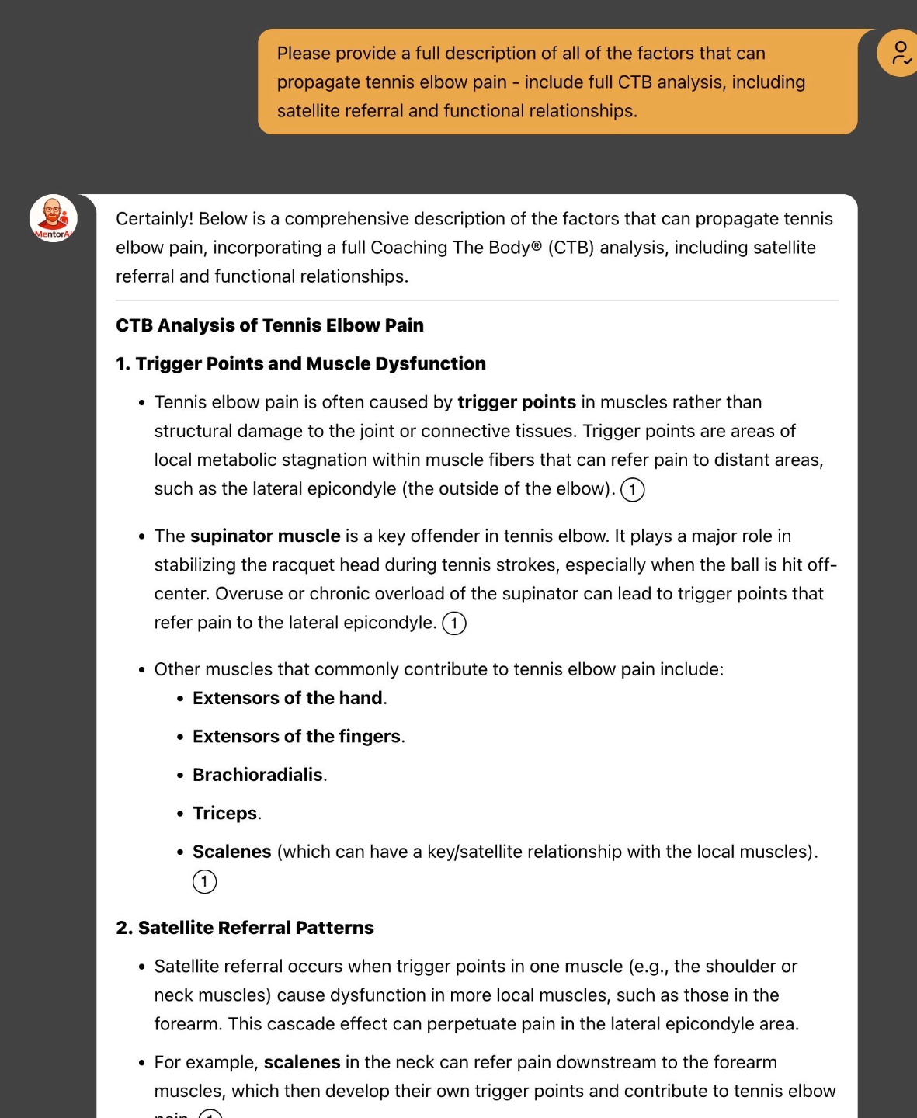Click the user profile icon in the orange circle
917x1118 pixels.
point(900,53)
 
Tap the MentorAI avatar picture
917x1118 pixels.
point(53,217)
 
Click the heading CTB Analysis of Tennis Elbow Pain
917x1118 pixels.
point(269,325)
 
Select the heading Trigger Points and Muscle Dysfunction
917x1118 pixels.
point(310,363)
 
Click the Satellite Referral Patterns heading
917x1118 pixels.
point(255,928)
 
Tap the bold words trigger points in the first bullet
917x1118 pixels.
point(516,402)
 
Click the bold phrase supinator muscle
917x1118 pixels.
point(265,536)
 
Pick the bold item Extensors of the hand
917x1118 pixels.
point(287,698)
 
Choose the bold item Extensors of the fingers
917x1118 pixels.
point(297,736)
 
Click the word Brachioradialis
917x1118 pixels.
point(257,775)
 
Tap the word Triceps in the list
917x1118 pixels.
point(224,813)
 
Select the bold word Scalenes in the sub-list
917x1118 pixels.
point(231,852)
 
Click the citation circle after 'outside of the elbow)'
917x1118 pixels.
point(633,490)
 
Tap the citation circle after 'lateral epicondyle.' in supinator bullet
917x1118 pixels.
point(454,623)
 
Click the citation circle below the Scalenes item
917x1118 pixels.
point(204,881)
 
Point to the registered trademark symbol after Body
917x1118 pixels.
point(537,247)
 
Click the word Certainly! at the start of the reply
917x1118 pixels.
point(155,219)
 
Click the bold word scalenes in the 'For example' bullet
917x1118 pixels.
point(301,1062)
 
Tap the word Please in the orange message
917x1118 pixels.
point(304,54)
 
